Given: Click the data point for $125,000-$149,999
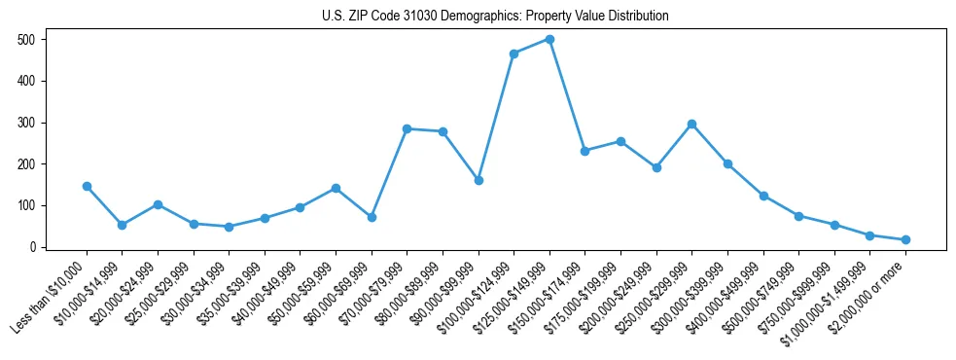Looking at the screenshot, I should tap(549, 39).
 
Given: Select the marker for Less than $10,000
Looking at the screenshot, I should tap(87, 186).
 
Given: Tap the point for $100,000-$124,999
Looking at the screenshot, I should tap(513, 54).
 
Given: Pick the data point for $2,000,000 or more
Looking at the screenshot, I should tap(905, 239).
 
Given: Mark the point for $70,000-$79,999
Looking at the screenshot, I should tap(407, 128).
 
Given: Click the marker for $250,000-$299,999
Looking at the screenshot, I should tap(691, 124).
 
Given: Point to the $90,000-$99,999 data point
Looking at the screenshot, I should tap(478, 180).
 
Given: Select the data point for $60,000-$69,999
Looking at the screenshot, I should tap(372, 217).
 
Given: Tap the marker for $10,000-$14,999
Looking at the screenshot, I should tap(122, 225).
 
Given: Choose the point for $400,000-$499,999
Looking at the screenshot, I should tap(763, 196).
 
